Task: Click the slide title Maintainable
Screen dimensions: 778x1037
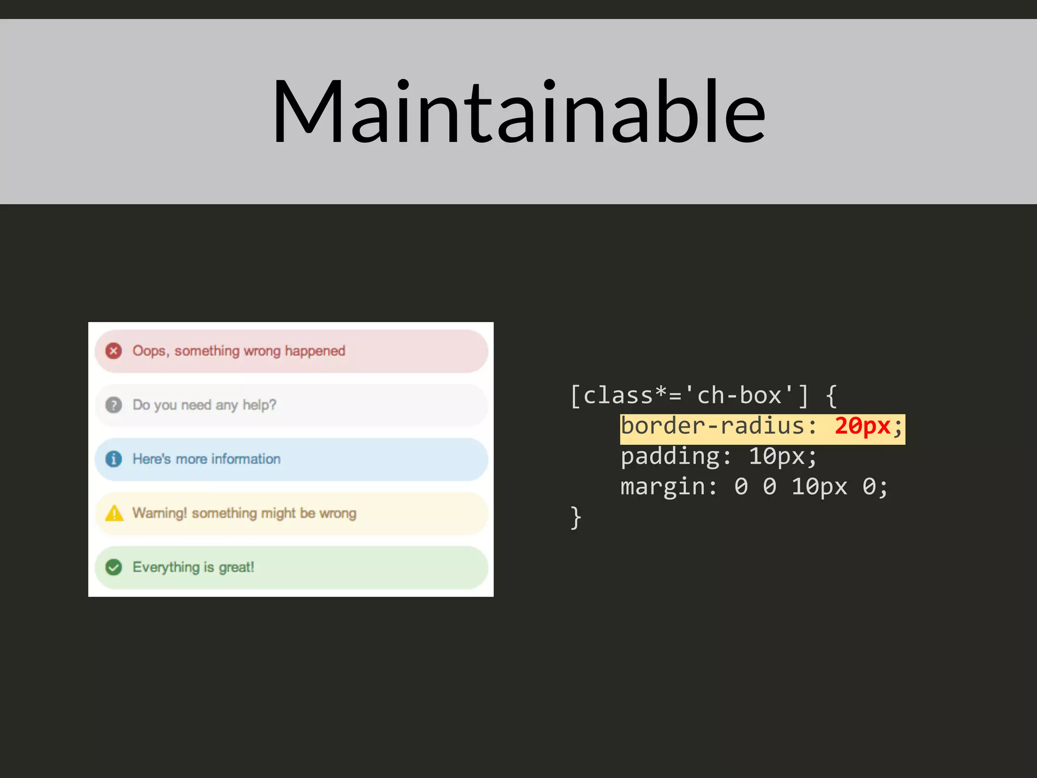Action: (x=518, y=111)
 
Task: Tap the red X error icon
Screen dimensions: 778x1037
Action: (x=113, y=351)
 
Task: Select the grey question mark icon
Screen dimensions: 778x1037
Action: (x=113, y=405)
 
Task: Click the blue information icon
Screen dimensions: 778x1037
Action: (x=113, y=459)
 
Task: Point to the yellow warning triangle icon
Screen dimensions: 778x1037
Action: (x=114, y=514)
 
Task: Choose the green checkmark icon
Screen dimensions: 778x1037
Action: (x=113, y=567)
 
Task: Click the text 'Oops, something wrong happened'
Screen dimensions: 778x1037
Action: (x=238, y=351)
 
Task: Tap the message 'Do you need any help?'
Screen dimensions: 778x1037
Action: (x=204, y=405)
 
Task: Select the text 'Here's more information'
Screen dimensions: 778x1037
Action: (x=206, y=459)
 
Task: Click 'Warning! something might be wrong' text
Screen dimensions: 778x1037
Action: (x=244, y=513)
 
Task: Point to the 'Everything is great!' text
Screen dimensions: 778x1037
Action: (x=193, y=567)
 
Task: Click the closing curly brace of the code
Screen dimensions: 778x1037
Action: (x=576, y=518)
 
